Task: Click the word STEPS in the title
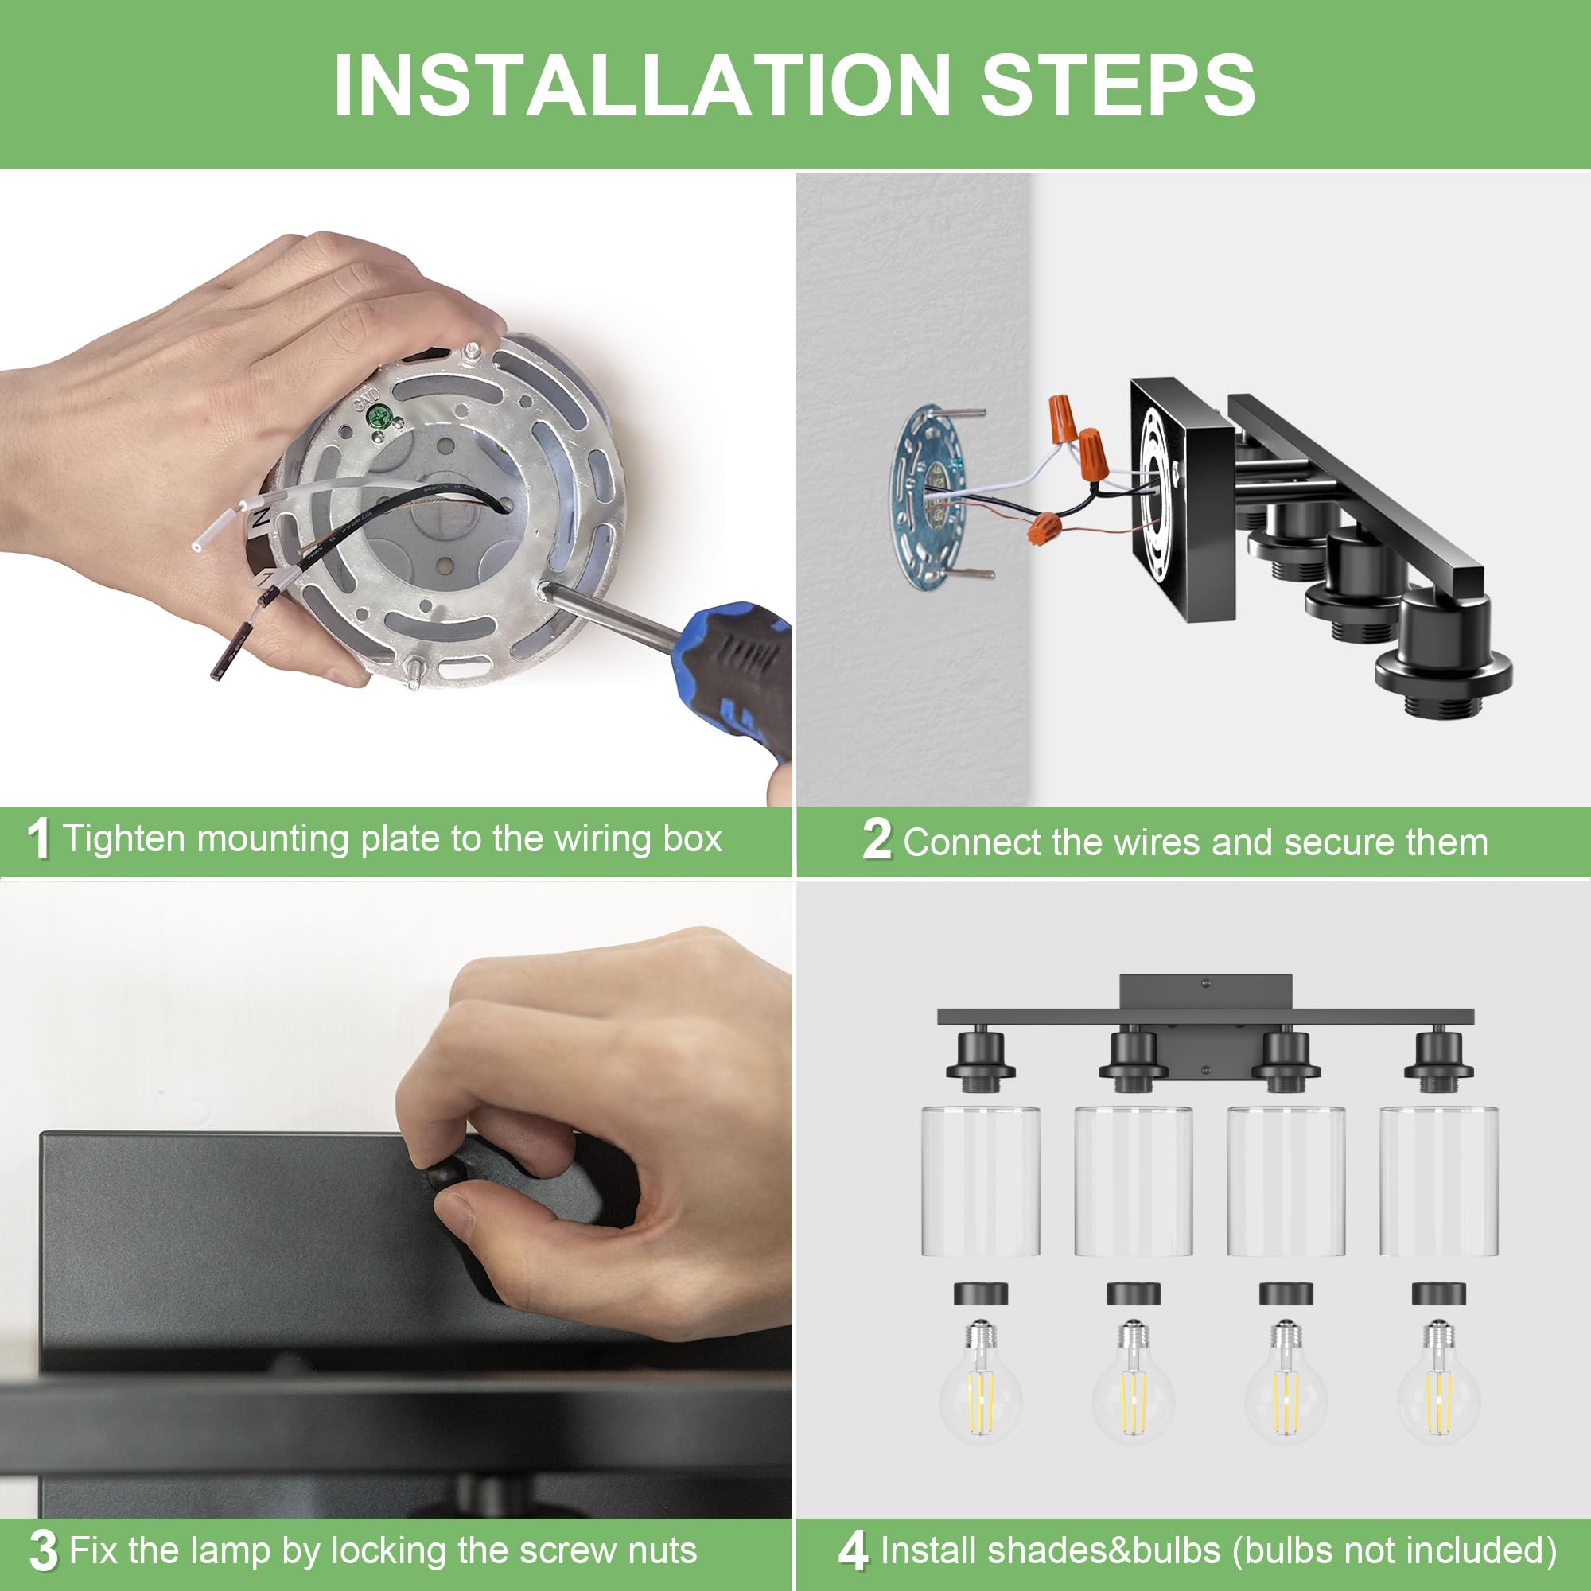tap(1118, 86)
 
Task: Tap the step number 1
tap(39, 839)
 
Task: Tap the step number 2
tap(877, 840)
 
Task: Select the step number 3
tap(43, 1550)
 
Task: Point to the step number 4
tap(853, 1550)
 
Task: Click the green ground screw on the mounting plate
tap(379, 416)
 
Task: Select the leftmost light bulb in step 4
tap(981, 1393)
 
